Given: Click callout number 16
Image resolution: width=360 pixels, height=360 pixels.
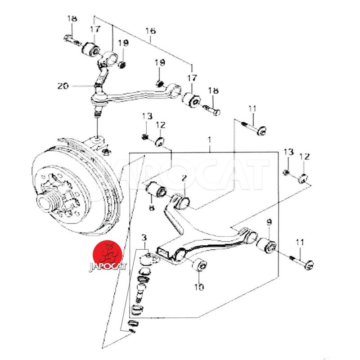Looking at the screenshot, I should click(150, 31).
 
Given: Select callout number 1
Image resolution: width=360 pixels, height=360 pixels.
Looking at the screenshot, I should click(210, 140).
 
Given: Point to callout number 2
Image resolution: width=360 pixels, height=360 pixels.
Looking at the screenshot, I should click(184, 179).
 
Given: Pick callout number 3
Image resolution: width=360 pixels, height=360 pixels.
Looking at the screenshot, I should click(144, 238).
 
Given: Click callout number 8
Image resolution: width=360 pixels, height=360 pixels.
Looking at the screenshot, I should click(151, 207).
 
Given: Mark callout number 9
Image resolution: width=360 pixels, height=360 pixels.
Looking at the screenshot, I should click(269, 222).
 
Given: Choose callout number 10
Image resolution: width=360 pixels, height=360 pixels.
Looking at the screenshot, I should click(198, 286).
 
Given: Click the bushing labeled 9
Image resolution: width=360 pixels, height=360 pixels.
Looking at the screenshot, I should click(266, 247).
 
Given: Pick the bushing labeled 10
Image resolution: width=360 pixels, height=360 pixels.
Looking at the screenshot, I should click(199, 265).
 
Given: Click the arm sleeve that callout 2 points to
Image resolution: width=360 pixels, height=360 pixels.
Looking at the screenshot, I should click(182, 201).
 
